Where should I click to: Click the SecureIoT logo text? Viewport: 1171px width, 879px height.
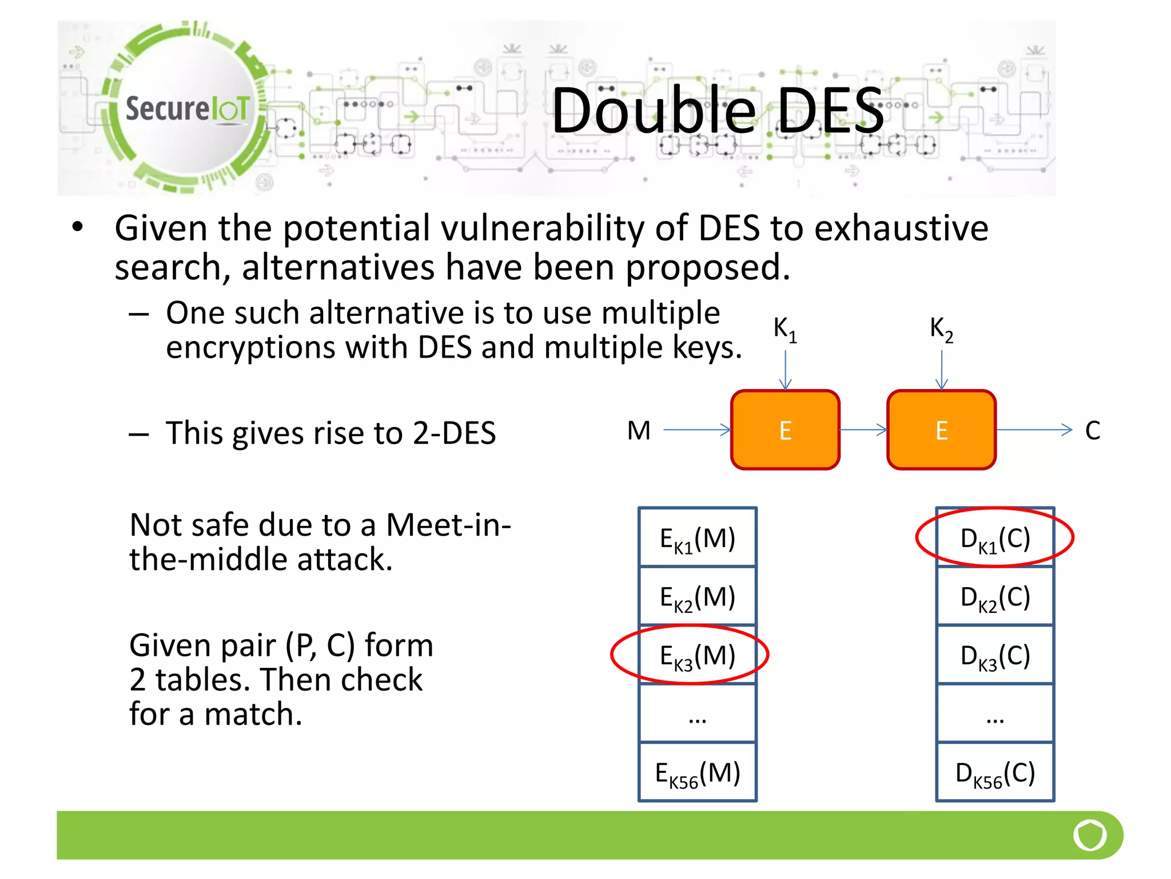pyautogui.click(x=187, y=109)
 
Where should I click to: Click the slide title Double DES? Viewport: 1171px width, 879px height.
pyautogui.click(x=717, y=110)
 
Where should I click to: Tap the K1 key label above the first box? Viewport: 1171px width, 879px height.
pyautogui.click(x=784, y=329)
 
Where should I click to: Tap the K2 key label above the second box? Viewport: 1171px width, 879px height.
pyautogui.click(x=941, y=329)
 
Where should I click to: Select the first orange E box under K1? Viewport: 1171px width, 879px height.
pyautogui.click(x=785, y=430)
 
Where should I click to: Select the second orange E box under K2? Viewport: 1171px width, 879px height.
pyautogui.click(x=941, y=430)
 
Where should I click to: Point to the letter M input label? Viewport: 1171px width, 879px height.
pyautogui.click(x=639, y=430)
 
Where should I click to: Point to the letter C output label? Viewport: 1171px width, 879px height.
pyautogui.click(x=1092, y=430)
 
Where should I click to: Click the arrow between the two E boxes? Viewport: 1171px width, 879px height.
pyautogui.click(x=863, y=430)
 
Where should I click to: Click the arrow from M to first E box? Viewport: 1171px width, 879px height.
pyautogui.click(x=697, y=430)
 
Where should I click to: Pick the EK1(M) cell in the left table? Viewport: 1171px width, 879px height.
pyautogui.click(x=698, y=539)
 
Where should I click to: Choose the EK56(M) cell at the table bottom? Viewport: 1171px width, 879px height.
pyautogui.click(x=698, y=773)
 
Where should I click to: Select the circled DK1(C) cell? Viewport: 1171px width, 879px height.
pyautogui.click(x=995, y=539)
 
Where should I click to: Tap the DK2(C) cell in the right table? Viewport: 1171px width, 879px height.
pyautogui.click(x=995, y=597)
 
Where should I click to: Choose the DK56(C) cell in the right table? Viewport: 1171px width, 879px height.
pyautogui.click(x=995, y=773)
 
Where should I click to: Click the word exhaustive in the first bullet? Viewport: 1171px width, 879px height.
pyautogui.click(x=901, y=228)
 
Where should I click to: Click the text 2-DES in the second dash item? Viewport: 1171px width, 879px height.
pyautogui.click(x=454, y=433)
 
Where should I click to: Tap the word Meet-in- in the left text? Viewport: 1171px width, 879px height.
pyautogui.click(x=448, y=525)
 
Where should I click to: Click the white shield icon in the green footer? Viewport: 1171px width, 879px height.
pyautogui.click(x=1090, y=835)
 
